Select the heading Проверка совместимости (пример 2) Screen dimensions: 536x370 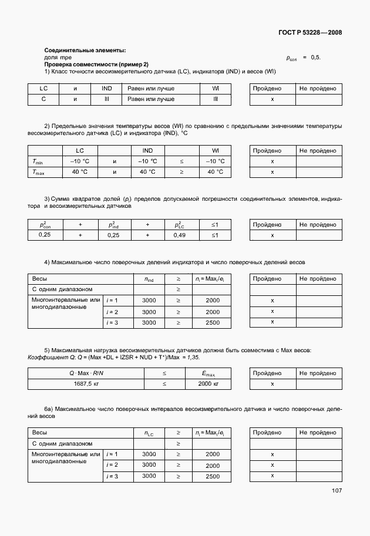click(97, 64)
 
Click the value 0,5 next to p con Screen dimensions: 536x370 click(315, 58)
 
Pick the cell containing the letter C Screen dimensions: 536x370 click(43, 99)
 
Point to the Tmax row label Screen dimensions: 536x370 click(39, 172)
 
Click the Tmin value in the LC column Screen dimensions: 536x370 click(80, 161)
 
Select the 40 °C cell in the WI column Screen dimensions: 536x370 click(216, 172)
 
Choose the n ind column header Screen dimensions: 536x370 click(149, 278)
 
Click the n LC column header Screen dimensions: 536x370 click(149, 433)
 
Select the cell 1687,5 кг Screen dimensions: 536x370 click(86, 383)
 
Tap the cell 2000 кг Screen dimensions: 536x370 click(208, 383)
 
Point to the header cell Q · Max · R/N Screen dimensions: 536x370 click(86, 373)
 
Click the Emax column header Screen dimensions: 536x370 click(208, 373)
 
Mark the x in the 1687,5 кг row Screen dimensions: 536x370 click(273, 383)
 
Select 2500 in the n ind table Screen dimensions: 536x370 click(213, 322)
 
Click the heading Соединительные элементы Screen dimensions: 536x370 click(85, 51)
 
